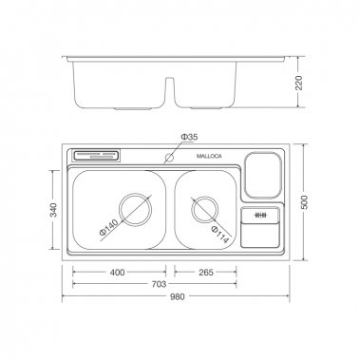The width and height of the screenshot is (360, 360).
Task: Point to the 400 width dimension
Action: coord(117,273)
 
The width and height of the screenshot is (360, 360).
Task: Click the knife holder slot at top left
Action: coord(98,155)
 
